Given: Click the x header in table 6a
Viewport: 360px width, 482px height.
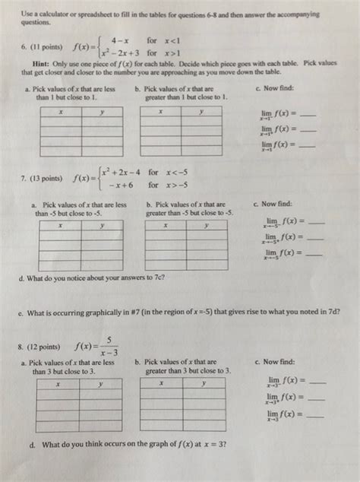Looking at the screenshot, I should tap(60, 111).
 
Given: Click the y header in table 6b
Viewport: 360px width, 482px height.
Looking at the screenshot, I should tap(201, 111).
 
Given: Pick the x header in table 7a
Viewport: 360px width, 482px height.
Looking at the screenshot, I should tap(60, 226).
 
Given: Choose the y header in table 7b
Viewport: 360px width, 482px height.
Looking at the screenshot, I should tap(205, 226).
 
